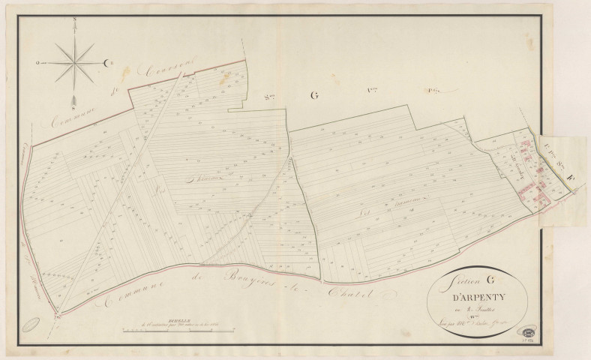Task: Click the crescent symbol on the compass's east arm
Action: point(106,62)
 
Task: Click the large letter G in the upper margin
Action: point(313,95)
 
